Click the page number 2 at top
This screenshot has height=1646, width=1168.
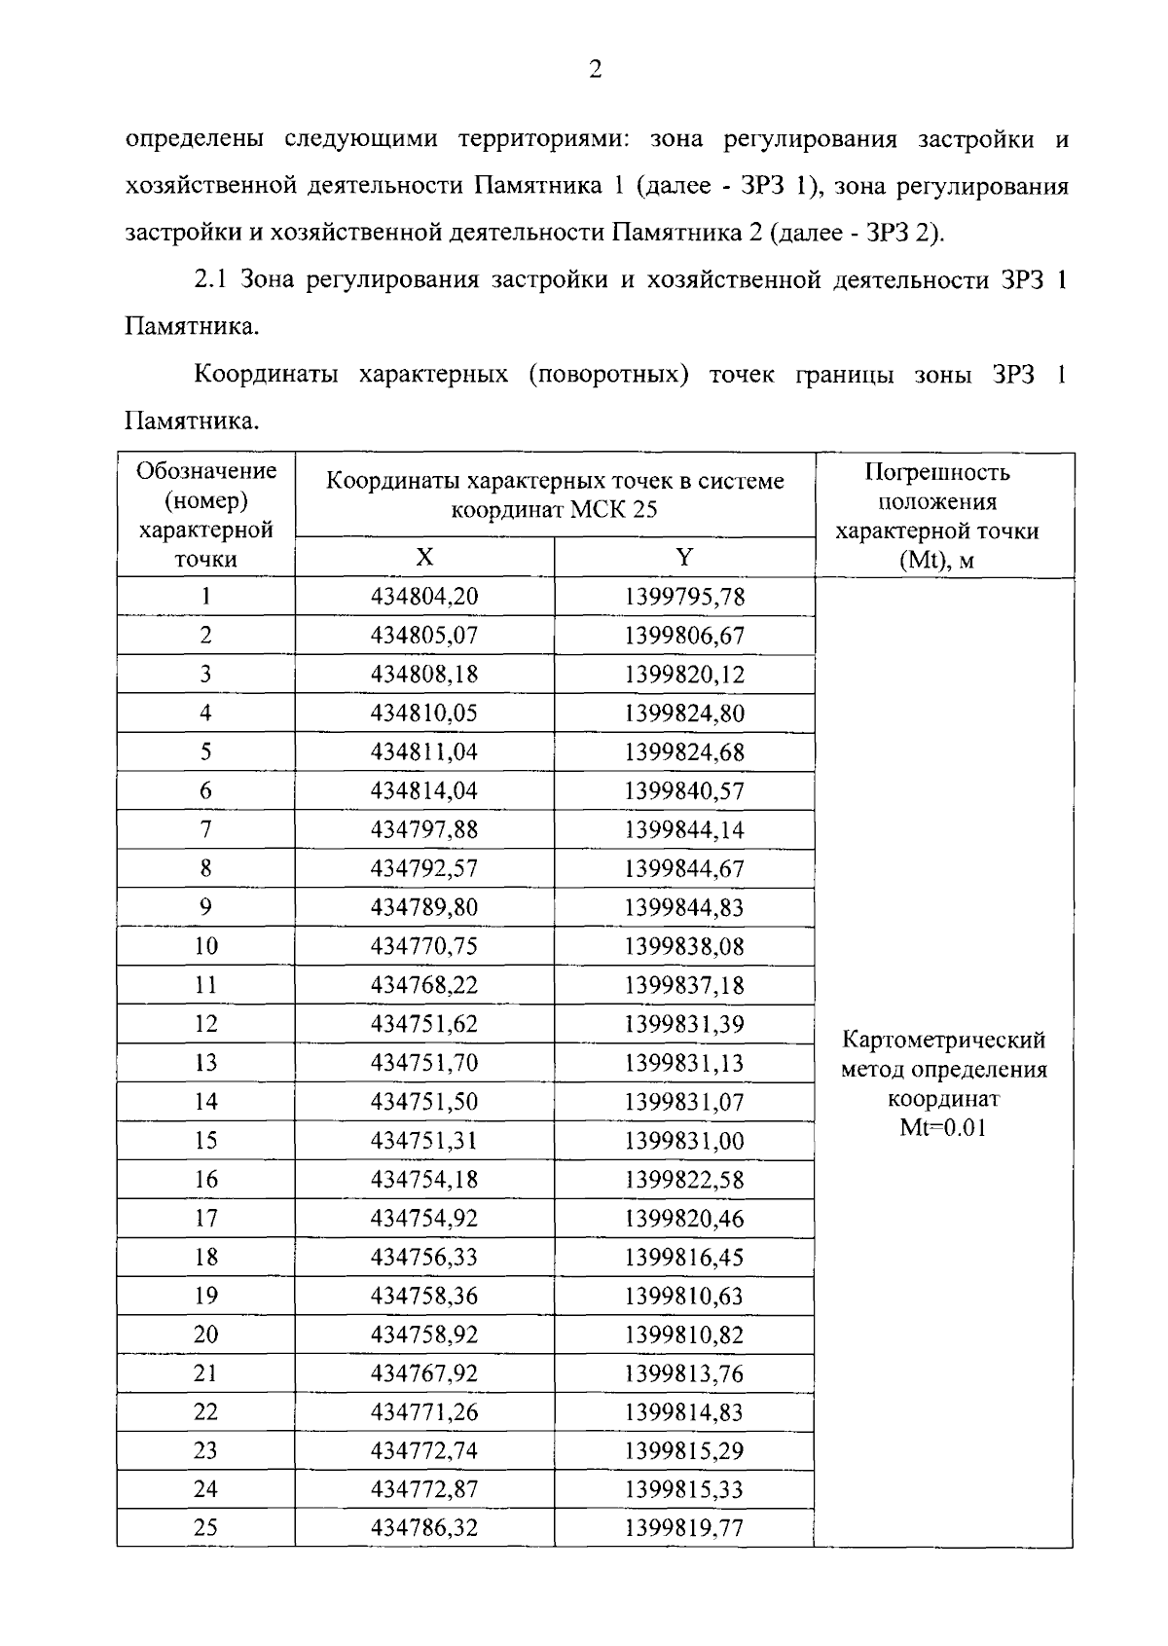pos(595,69)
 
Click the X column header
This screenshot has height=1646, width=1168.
pos(424,557)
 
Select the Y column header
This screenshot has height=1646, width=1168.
pos(684,557)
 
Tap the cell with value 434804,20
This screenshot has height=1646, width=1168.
pos(424,597)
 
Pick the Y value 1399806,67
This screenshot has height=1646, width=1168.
pos(684,636)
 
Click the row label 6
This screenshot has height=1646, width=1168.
pos(205,791)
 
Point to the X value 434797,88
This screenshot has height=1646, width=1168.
pos(424,830)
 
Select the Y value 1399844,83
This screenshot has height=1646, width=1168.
pos(684,907)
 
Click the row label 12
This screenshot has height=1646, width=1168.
pos(205,1024)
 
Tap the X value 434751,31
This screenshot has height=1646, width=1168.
pos(424,1141)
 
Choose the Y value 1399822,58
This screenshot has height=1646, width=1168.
pos(684,1180)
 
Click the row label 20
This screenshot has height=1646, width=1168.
pos(205,1335)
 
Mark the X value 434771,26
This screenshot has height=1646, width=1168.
pos(424,1412)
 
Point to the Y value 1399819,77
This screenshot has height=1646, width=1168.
pos(684,1528)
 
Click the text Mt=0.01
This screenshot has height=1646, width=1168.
pos(942,1129)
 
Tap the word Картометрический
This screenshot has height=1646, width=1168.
pos(942,1041)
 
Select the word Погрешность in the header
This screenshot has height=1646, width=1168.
pos(937,473)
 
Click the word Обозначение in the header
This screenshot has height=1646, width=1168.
pos(206,472)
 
